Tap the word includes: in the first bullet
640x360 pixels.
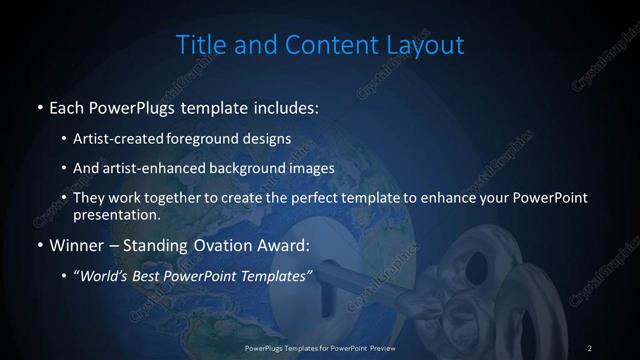coord(289,106)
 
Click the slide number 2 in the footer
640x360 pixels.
coord(590,347)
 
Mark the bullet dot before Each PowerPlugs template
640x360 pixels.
coord(39,107)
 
